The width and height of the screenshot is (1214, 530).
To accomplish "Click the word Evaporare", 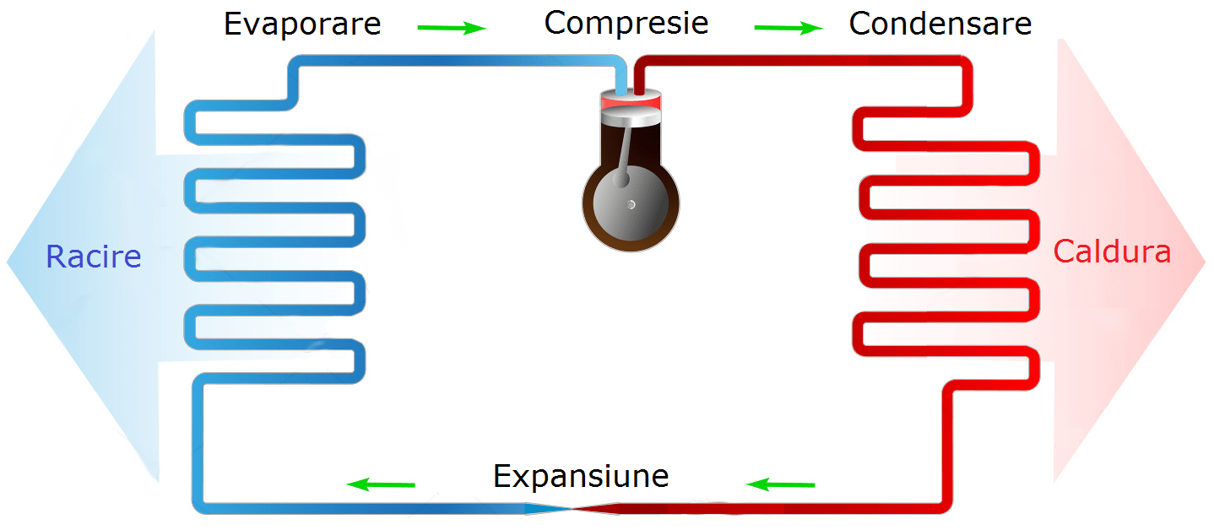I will coord(302,24).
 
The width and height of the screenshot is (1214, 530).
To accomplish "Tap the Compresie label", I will coord(626,23).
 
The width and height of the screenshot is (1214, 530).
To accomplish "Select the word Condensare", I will coord(940,24).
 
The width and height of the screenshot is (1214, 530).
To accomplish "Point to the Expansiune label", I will coord(581,476).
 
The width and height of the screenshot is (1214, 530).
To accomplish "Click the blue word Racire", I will coord(93,257).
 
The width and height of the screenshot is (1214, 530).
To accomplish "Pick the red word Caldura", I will coord(1112,251).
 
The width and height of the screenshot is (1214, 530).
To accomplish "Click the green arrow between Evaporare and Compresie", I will coord(452,28).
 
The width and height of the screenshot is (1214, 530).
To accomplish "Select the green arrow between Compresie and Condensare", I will coord(788,28).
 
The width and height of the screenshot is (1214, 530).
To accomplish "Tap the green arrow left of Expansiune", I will coord(382,484).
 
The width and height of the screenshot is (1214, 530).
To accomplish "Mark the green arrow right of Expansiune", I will coord(781,484).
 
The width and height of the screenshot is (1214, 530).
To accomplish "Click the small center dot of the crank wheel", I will coord(631,204).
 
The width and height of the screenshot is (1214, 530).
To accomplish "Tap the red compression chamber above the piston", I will coord(630,101).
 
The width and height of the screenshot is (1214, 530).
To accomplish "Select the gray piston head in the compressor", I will coord(630,115).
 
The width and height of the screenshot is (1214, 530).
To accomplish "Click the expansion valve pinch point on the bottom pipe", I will coord(572,508).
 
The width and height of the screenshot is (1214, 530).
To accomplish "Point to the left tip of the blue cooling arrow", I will coord(8,262).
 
